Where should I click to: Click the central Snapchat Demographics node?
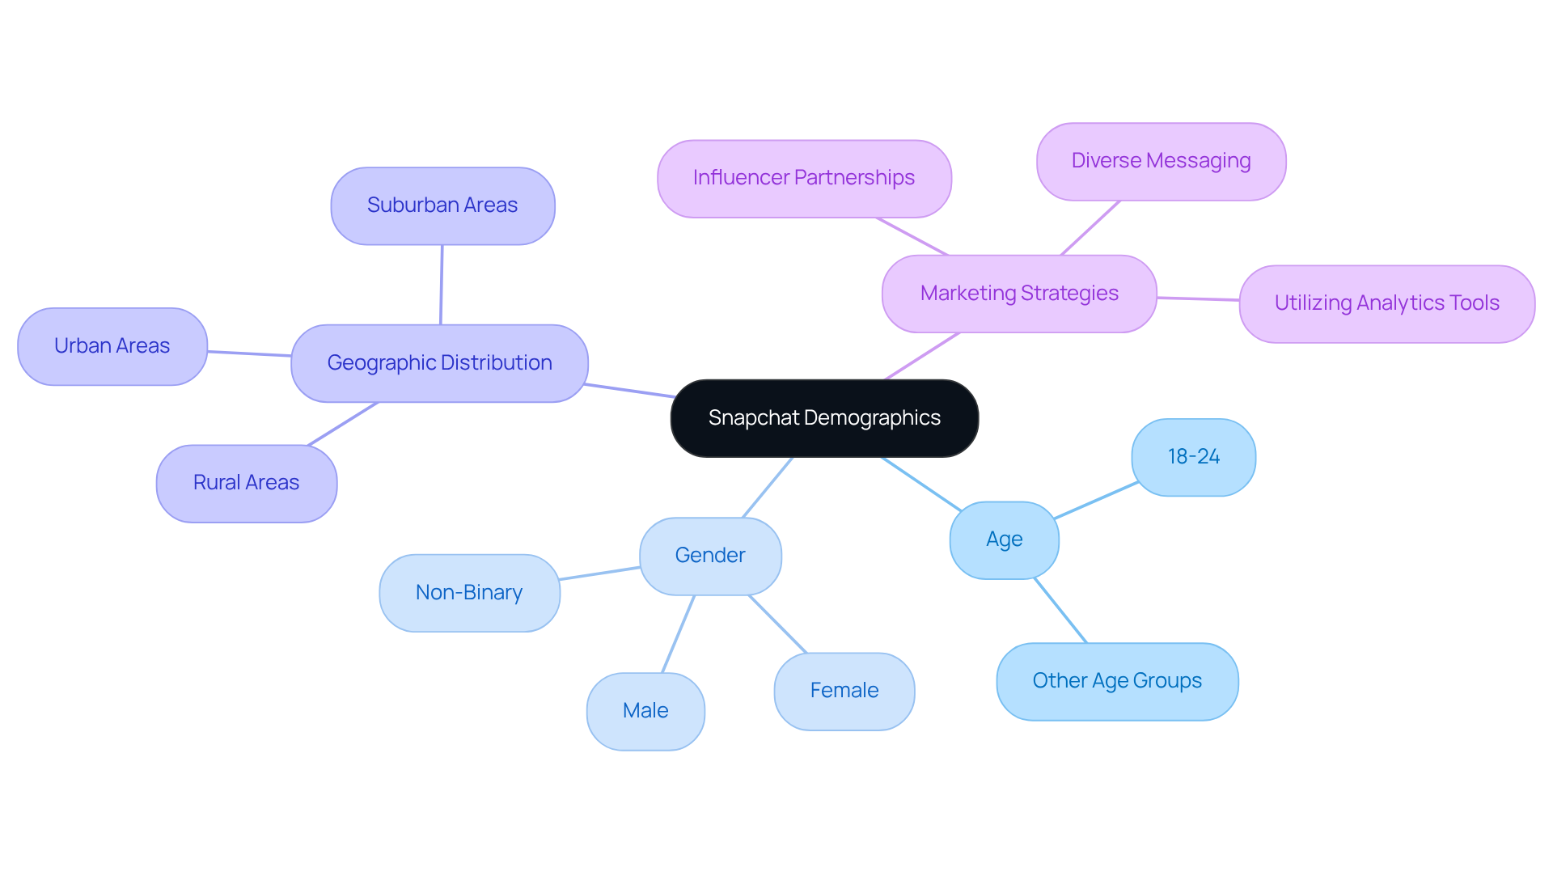point(824,418)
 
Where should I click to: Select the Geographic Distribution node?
point(439,363)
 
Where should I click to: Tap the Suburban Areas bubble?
point(442,205)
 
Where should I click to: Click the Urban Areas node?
point(112,346)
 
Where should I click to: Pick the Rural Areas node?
point(247,483)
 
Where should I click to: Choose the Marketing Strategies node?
point(1019,294)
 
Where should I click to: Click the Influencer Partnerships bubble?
point(804,178)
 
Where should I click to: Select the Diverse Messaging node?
point(1161,161)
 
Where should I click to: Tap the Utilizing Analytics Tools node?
point(1386,303)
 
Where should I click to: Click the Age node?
point(1004,540)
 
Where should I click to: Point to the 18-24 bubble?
point(1193,457)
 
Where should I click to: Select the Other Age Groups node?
point(1117,681)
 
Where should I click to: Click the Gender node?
point(710,556)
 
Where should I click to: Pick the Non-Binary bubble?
point(469,593)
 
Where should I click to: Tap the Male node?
point(645,711)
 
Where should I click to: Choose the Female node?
point(844,691)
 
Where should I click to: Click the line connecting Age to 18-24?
point(1096,501)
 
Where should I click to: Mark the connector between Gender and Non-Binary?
point(599,573)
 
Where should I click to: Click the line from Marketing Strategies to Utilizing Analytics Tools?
point(1198,298)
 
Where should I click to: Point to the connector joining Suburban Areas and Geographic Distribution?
point(442,285)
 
